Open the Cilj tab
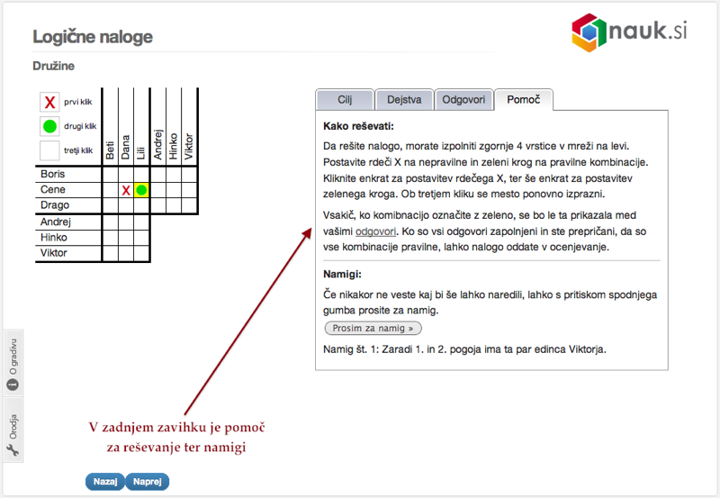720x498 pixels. coord(345,100)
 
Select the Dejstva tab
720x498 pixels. coord(404,100)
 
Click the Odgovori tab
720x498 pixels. coord(463,100)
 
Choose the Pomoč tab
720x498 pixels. coord(524,100)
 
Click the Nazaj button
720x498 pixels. coord(105,482)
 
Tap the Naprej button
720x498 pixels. coord(148,482)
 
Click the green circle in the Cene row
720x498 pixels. coord(141,190)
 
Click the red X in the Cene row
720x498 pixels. coord(126,190)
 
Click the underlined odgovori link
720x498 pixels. coord(375,231)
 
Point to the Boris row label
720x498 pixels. coord(53,174)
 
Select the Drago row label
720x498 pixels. coord(55,205)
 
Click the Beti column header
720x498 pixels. coord(110,150)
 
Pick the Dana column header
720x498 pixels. coord(125,147)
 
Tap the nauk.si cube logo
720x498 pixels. coord(589,32)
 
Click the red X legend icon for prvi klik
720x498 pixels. coord(49,102)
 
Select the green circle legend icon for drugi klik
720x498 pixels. coord(49,126)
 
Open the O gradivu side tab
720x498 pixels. coord(13,364)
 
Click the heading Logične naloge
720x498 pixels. coord(93,37)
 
